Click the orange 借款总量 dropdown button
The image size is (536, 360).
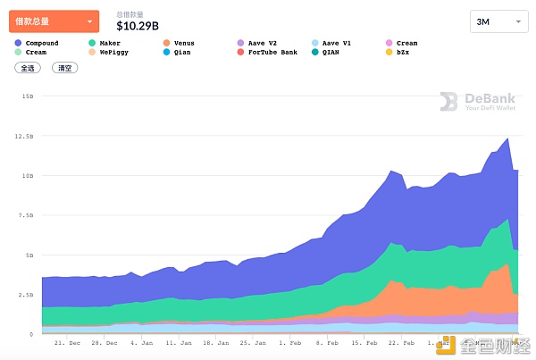point(54,21)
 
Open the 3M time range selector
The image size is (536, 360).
point(498,21)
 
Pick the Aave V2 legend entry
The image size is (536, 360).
point(260,43)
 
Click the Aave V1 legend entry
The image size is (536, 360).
point(334,43)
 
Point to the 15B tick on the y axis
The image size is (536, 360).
point(28,96)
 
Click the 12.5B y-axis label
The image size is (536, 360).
point(25,136)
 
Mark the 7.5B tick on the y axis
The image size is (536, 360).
point(27,215)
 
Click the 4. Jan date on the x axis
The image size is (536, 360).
point(141,341)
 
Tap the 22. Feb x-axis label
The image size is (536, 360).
point(398,341)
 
